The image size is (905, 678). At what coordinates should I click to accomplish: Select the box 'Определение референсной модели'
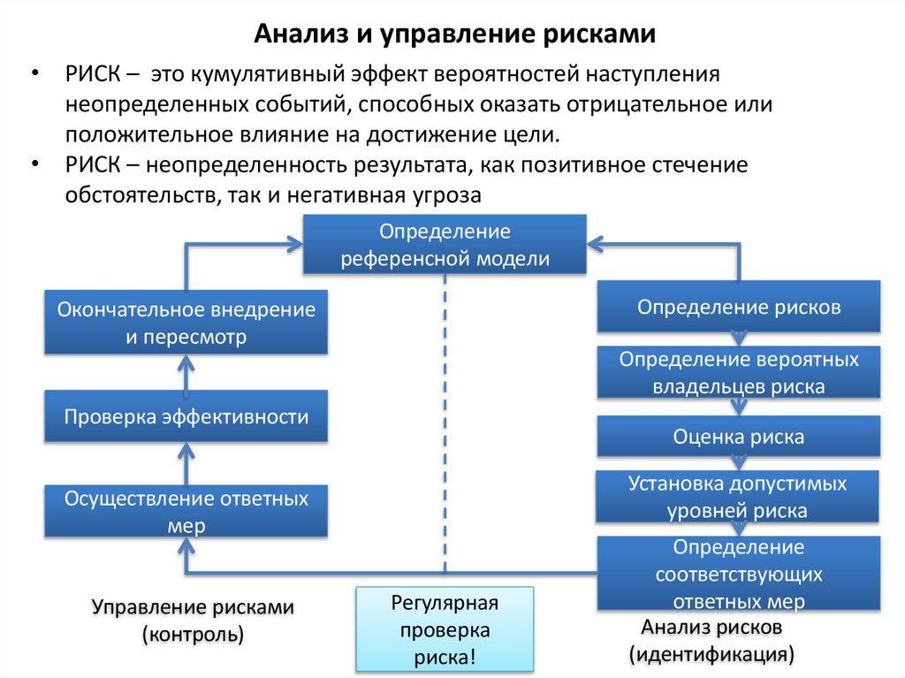pos(445,245)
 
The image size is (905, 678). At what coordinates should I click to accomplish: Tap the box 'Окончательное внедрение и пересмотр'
pos(186,323)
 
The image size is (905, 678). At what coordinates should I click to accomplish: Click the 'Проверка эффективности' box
pos(186,416)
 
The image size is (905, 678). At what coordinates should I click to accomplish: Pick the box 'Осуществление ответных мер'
pos(186,511)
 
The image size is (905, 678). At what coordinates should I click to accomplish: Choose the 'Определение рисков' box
pos(739,307)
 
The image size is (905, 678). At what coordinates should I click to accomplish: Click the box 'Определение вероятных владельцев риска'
pos(739,373)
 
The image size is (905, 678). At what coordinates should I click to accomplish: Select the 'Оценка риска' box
pos(739,437)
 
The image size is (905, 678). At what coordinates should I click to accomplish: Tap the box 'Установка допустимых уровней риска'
pos(739,497)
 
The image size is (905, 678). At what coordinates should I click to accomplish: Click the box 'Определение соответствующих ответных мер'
pos(739,574)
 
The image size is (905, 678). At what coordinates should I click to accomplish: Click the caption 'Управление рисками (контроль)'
pos(193,621)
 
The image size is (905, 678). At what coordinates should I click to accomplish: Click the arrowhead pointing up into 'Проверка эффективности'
pos(186,451)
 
